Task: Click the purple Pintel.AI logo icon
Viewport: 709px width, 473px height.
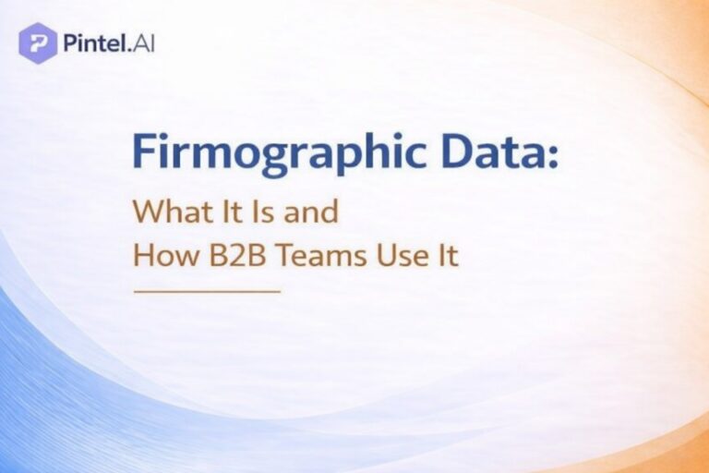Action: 38,42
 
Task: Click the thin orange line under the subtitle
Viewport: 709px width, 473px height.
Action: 206,291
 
